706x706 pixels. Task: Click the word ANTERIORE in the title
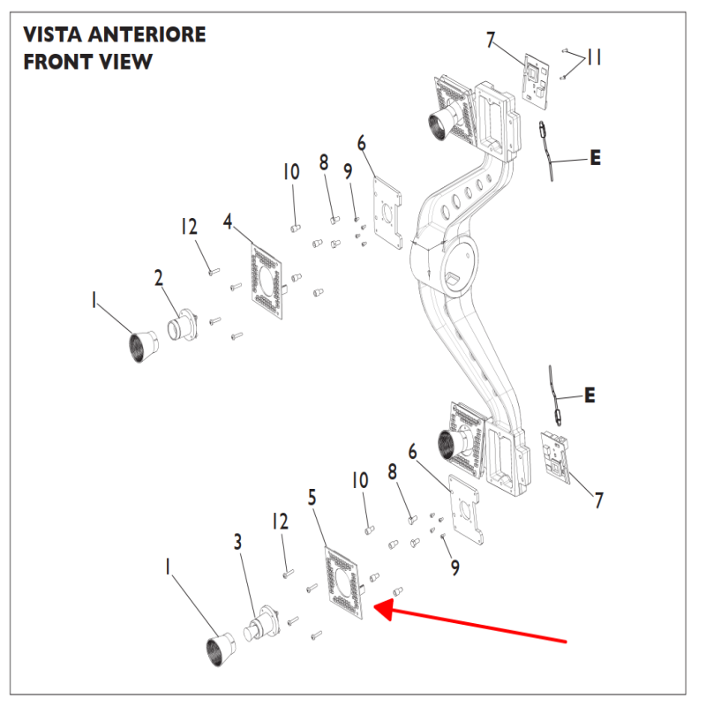(x=146, y=35)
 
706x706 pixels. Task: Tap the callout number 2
(x=159, y=278)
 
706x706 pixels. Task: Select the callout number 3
(x=237, y=542)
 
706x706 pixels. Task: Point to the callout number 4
(x=228, y=222)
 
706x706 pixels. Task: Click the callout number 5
(x=312, y=498)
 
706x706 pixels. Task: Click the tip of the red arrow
(x=374, y=608)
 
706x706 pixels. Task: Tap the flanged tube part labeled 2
(x=184, y=324)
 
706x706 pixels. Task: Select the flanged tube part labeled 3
(x=262, y=622)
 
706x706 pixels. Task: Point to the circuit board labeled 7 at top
(x=536, y=81)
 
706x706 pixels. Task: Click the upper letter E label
(x=595, y=158)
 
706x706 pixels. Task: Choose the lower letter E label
(x=590, y=395)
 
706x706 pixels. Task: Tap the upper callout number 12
(x=189, y=227)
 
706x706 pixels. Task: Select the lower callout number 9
(x=455, y=568)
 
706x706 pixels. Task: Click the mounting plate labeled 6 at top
(x=387, y=213)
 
